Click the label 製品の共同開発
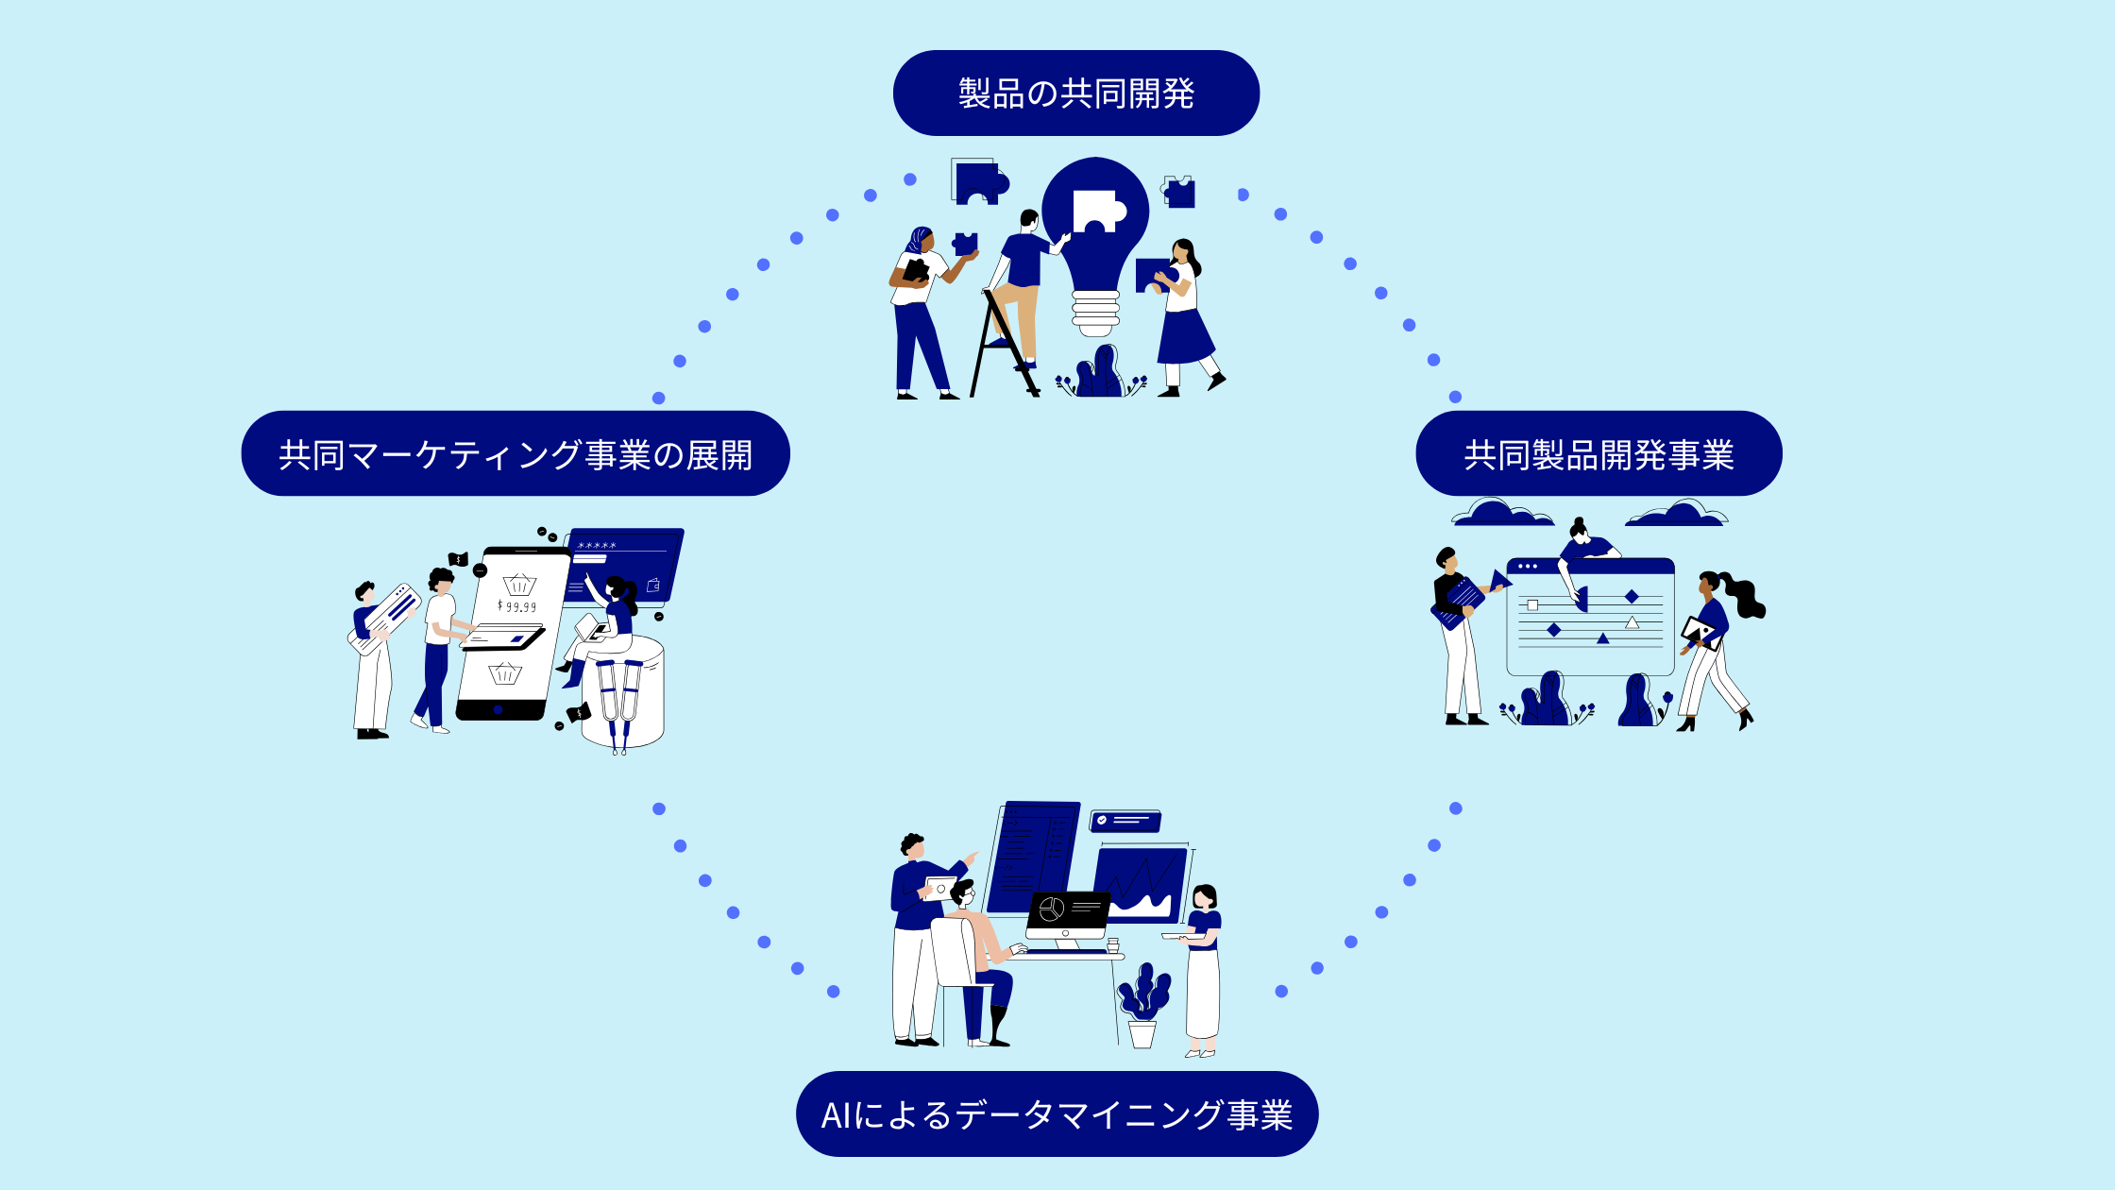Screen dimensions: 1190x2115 [x=1075, y=93]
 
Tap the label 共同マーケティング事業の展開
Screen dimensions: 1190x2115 [x=515, y=454]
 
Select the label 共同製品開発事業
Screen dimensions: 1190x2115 [x=1598, y=454]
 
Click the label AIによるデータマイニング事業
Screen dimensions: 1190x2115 [x=1057, y=1114]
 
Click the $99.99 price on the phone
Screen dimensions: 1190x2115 [x=517, y=606]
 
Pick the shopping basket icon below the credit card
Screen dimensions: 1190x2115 [x=504, y=673]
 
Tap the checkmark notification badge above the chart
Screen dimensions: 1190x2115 [x=1125, y=821]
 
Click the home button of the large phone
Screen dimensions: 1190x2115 [x=498, y=709]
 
